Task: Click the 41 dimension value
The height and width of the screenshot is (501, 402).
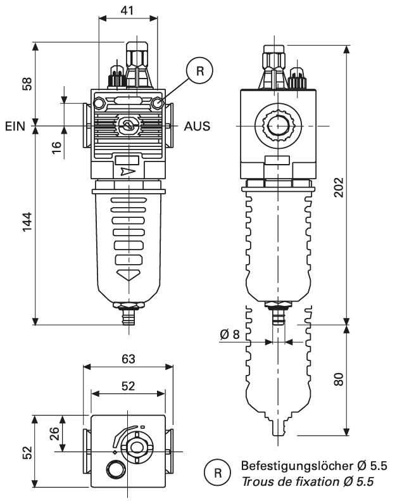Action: tap(127, 10)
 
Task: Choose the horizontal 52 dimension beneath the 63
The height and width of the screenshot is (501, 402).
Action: tap(128, 386)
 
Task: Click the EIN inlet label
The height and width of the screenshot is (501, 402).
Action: tap(15, 125)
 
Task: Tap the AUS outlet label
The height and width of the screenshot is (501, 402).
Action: tap(197, 125)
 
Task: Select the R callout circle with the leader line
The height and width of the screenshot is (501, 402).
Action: tap(200, 71)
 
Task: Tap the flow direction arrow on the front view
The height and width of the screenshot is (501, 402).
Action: tap(127, 171)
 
